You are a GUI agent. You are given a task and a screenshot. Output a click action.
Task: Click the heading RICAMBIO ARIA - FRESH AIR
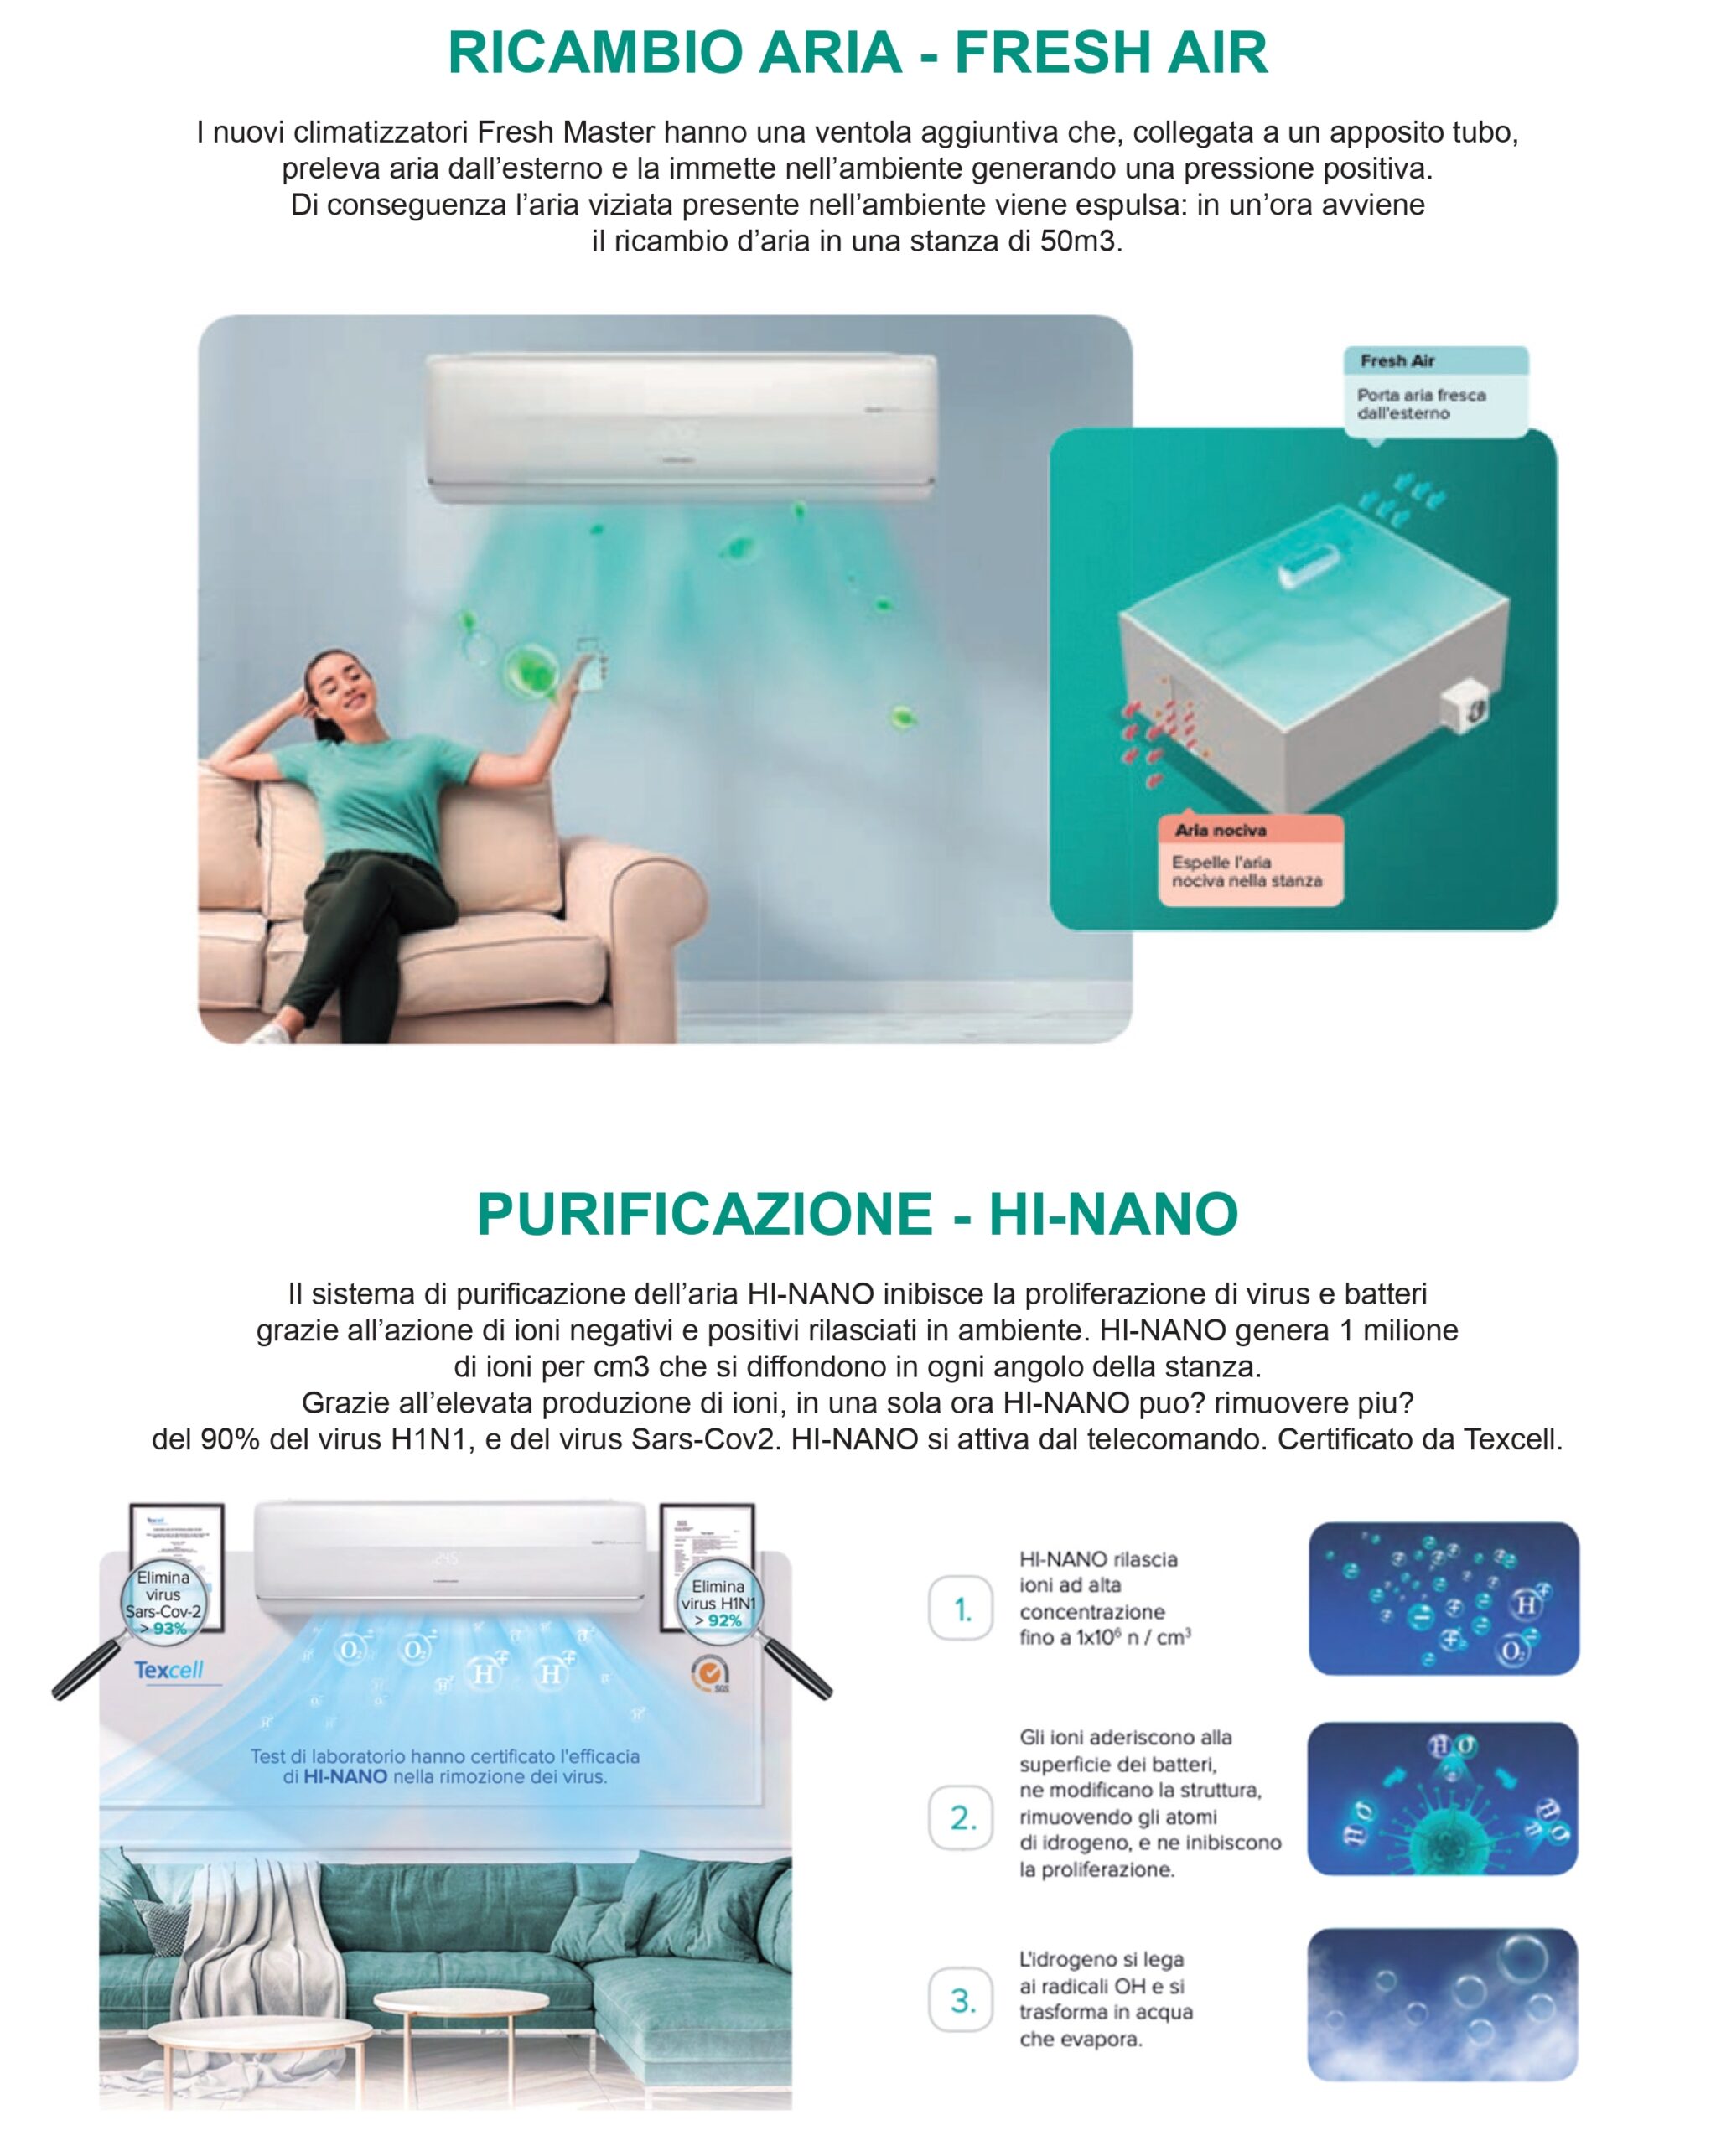coord(857,53)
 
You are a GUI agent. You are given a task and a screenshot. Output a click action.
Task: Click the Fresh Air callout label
coord(1397,360)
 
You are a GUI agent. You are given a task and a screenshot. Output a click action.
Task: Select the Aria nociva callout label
coord(1221,830)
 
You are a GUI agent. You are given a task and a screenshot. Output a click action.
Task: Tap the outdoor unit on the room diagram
coord(1463,708)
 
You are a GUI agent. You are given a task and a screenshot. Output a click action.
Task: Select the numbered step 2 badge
coord(961,1817)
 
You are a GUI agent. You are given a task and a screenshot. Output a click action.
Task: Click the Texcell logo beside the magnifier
coord(169,1669)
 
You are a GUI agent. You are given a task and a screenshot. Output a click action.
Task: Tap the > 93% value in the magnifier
coord(163,1629)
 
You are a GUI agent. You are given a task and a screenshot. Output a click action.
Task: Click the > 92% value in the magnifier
coord(718,1620)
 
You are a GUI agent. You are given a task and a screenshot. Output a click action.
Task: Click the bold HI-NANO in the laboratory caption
coord(345,1776)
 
